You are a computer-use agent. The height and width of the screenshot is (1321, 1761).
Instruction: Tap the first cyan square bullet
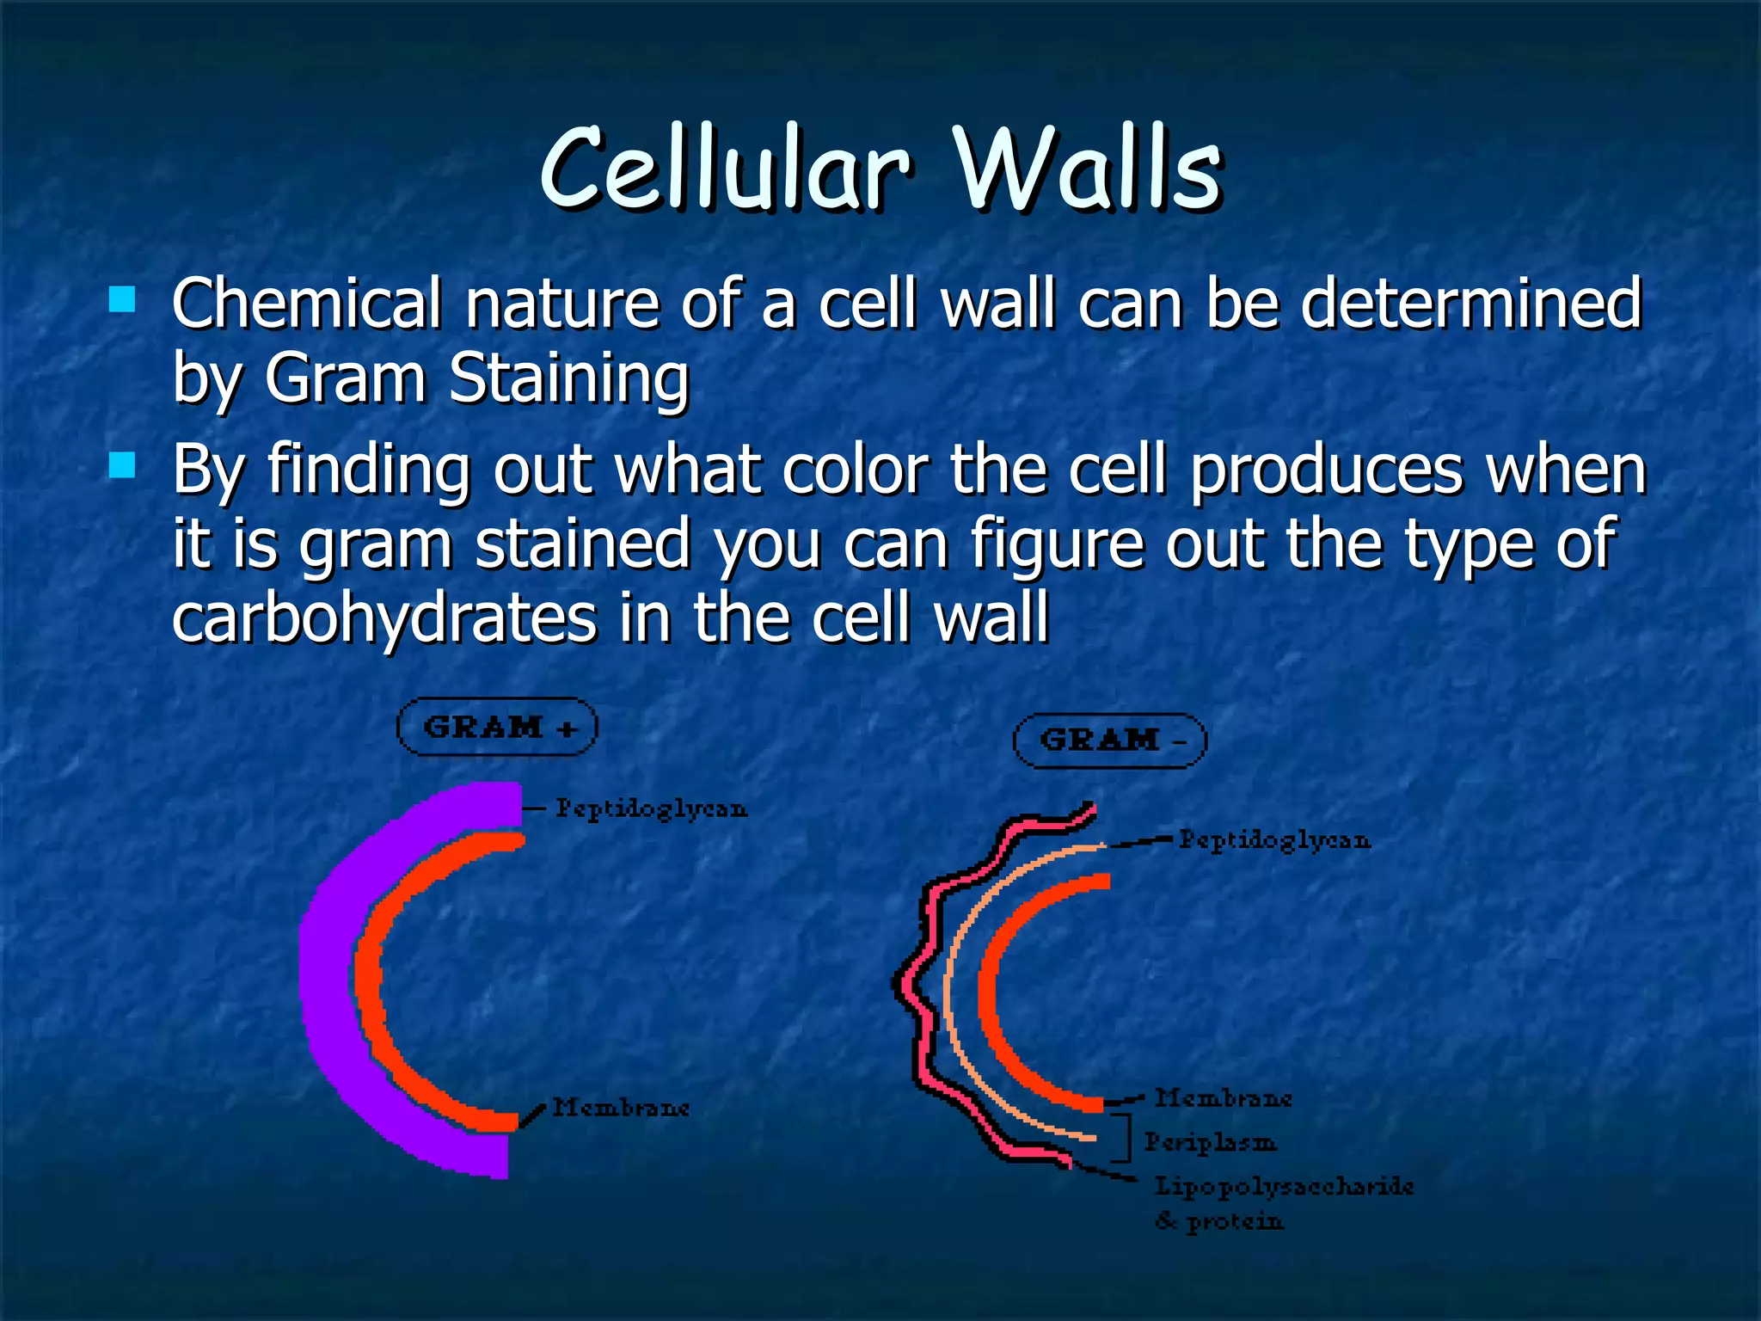tap(123, 299)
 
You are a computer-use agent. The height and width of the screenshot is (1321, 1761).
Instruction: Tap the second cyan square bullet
tap(123, 465)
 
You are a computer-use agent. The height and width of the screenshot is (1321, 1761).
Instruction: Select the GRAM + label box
tap(497, 728)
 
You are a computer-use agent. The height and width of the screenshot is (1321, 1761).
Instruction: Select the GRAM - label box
tap(1110, 740)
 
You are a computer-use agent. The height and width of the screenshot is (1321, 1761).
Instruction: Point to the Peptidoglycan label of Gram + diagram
tap(651, 808)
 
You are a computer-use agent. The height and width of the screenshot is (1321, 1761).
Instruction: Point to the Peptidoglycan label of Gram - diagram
tap(1273, 839)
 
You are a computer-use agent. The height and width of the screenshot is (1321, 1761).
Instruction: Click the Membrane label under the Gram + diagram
tap(621, 1107)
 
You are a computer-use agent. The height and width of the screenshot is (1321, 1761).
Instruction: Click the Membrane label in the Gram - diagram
tap(1223, 1098)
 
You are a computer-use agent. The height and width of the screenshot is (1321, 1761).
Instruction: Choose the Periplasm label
tap(1210, 1142)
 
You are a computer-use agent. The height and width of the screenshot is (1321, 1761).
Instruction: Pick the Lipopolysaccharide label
tap(1283, 1186)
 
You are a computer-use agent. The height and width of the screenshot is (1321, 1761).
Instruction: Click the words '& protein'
tap(1219, 1221)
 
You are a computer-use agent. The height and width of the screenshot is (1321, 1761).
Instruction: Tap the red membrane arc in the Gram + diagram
tap(370, 980)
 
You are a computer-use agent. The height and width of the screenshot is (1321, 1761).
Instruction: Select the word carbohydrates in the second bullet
tap(383, 617)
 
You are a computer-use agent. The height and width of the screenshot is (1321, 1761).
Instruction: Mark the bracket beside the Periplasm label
tap(1125, 1138)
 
